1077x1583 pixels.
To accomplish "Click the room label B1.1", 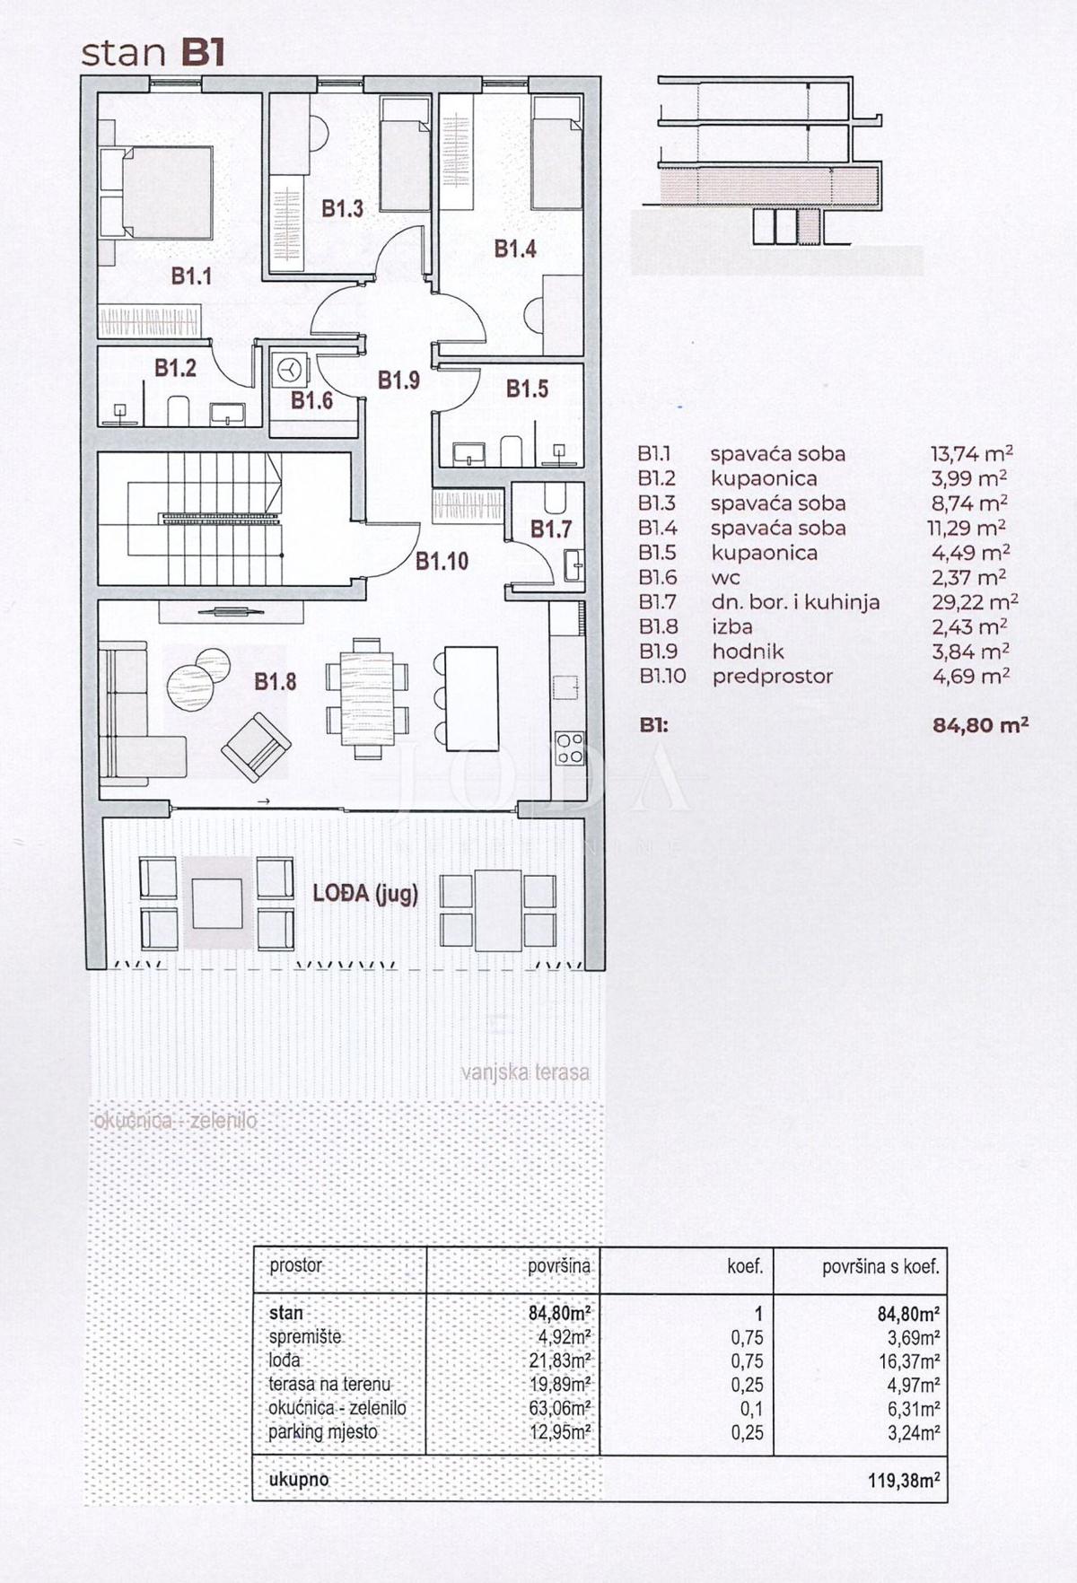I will pos(191,276).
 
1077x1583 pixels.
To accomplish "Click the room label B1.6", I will pos(311,400).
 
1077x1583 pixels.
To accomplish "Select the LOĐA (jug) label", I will pos(365,894).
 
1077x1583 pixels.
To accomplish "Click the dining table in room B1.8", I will pos(366,698).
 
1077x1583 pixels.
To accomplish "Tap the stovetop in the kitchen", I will pos(569,748).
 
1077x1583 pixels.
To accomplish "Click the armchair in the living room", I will pos(256,747).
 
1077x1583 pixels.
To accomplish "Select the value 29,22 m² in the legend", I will pos(974,602).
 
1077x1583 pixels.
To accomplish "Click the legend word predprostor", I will pos(772,677).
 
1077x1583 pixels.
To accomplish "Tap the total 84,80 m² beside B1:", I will pos(980,725).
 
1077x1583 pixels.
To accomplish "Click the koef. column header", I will pos(744,1266).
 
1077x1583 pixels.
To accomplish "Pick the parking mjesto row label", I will pos(323,1431).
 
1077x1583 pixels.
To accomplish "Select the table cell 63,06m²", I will pos(559,1408).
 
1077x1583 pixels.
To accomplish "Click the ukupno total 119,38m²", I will pos(904,1480).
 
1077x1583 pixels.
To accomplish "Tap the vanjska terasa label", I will pos(525,1072).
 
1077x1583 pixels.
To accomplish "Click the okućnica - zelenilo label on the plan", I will pos(175,1121).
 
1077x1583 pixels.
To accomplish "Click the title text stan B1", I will pos(153,53).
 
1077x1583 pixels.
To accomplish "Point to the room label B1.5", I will pos(527,389).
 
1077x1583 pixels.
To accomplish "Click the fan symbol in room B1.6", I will pos(289,369).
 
